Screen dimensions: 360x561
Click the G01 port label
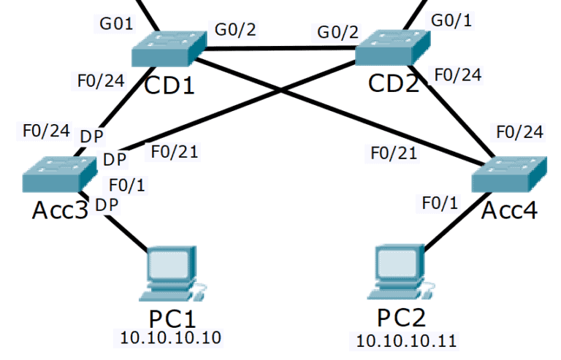tap(116, 23)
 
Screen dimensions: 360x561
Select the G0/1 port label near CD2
tap(451, 20)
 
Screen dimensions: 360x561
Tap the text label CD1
tap(169, 85)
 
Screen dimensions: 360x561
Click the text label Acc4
tap(510, 210)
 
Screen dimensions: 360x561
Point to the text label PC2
tap(401, 318)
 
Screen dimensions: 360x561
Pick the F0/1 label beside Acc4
tap(442, 202)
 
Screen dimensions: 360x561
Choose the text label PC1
tap(173, 318)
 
